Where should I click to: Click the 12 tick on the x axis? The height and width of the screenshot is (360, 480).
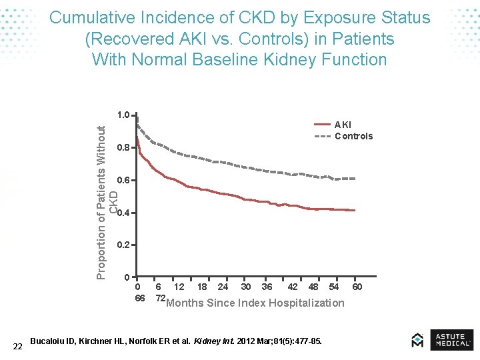click(x=179, y=287)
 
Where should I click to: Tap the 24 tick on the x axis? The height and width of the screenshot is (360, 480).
click(x=223, y=287)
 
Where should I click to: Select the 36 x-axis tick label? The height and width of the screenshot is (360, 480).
click(x=267, y=287)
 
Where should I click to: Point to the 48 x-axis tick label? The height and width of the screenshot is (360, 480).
click(x=313, y=287)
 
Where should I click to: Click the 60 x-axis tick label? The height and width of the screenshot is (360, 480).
click(x=357, y=287)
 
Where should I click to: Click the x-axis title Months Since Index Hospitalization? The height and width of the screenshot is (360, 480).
click(x=255, y=303)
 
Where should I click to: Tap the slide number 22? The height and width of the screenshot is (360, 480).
click(x=18, y=345)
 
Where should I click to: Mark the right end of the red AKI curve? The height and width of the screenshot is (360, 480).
click(x=355, y=211)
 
